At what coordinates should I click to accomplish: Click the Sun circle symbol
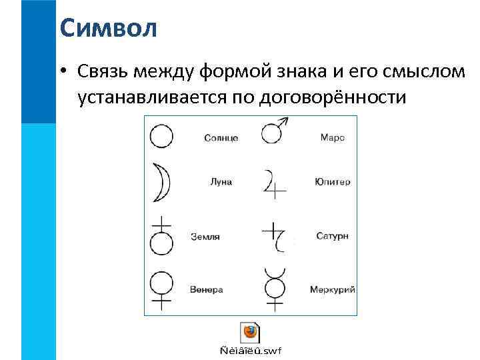[x=161, y=137]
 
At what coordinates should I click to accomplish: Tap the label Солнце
[x=221, y=138]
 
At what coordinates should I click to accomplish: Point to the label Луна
[x=221, y=181]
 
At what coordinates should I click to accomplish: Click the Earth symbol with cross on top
[x=161, y=237]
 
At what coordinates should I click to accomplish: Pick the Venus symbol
[x=161, y=289]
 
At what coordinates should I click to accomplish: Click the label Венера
[x=206, y=290]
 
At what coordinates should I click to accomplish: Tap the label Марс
[x=332, y=138]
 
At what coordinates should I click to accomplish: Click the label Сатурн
[x=331, y=237]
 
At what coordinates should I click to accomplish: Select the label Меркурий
[x=332, y=290]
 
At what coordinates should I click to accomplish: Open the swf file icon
[x=250, y=333]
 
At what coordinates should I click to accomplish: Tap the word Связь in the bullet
[x=103, y=71]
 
